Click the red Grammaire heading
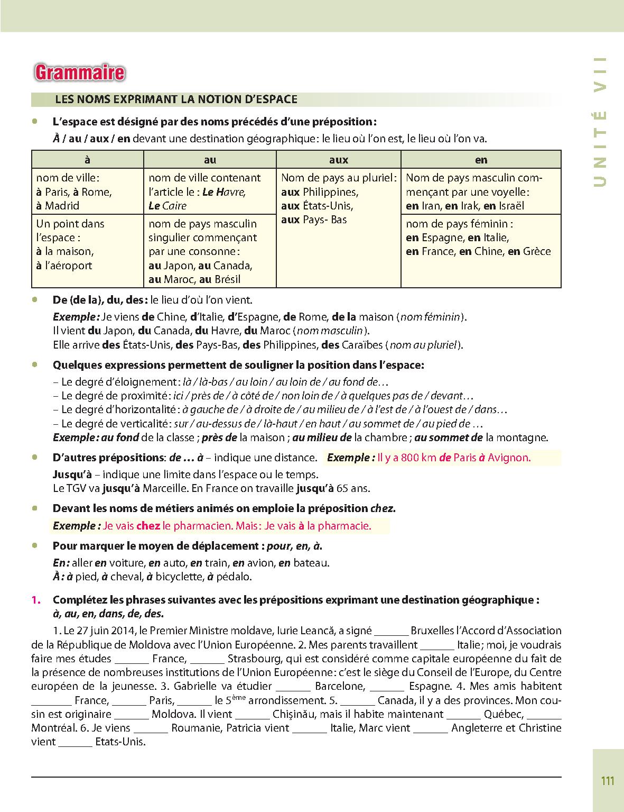point(79,72)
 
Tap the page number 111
point(608,781)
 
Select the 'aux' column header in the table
point(338,160)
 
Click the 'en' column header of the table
point(481,160)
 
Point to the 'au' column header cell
point(210,160)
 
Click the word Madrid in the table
point(62,206)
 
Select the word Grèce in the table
point(536,251)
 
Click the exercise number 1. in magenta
point(36,600)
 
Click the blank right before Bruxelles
point(391,631)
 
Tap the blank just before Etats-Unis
point(75,742)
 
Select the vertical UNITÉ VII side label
point(600,122)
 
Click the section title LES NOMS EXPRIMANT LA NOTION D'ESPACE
point(176,99)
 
